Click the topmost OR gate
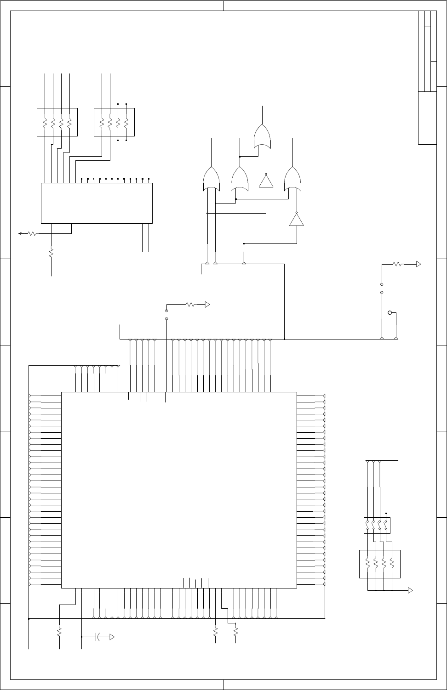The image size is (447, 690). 263,136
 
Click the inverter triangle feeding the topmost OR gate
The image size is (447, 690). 266,181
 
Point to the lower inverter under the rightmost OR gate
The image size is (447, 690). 297,220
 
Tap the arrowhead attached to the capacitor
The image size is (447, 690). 112,637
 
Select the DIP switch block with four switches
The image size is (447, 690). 377,525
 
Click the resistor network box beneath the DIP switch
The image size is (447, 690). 379,564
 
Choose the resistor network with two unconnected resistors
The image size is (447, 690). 114,122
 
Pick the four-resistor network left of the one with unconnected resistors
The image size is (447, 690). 57,122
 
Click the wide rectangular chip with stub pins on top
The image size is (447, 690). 97,203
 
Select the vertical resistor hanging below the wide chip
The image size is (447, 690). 51,253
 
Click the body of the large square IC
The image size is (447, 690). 178,490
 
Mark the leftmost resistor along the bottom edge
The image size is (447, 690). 59,632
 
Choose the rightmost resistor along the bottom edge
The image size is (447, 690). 235,632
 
